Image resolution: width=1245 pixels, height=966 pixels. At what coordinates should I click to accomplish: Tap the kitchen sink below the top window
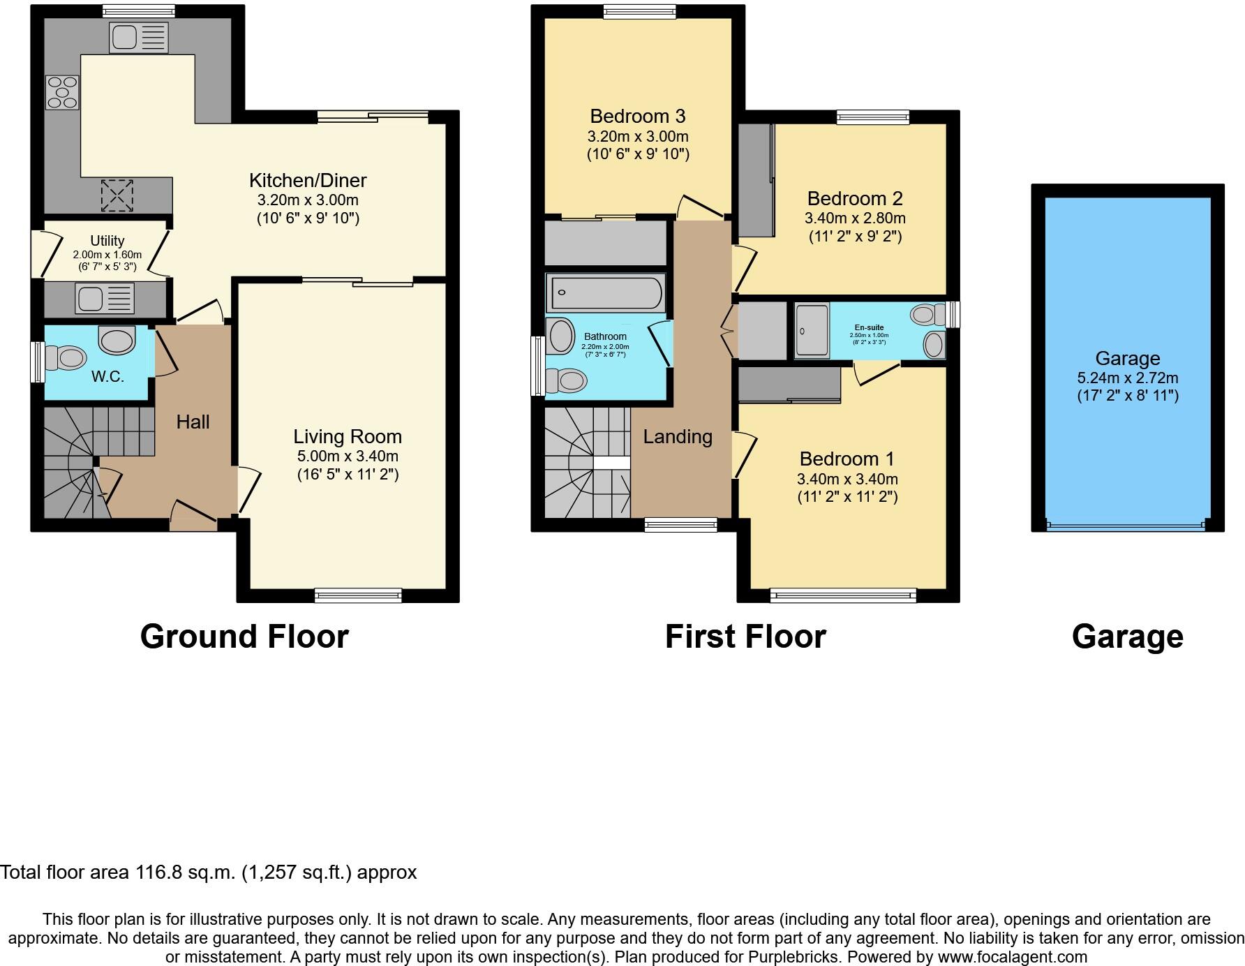[138, 38]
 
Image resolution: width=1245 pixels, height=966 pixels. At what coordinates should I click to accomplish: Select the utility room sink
[105, 299]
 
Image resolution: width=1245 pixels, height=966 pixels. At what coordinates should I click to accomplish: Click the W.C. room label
[107, 377]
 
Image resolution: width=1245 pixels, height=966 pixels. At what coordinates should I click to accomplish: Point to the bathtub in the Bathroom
[606, 293]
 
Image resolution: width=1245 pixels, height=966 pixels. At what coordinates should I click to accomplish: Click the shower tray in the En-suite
[812, 330]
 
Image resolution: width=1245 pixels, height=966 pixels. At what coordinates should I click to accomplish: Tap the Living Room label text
[347, 437]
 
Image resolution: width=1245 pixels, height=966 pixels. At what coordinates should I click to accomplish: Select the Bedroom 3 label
[637, 116]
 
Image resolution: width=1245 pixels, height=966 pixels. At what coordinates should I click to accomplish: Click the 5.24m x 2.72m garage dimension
[1127, 378]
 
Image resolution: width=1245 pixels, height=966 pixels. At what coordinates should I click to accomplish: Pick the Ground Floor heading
[244, 637]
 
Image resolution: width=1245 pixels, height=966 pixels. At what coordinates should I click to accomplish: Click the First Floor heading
[745, 637]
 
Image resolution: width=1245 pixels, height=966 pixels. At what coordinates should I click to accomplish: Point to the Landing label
[677, 437]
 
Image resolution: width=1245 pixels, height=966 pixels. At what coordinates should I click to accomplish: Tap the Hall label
[193, 422]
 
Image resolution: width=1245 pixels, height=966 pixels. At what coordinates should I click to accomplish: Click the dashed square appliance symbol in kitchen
[117, 195]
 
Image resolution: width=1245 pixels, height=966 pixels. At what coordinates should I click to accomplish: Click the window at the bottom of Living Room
[358, 595]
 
